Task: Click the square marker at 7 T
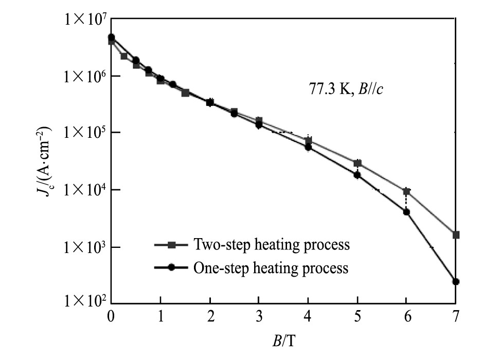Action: pyautogui.click(x=456, y=235)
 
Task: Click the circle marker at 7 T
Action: pyautogui.click(x=456, y=282)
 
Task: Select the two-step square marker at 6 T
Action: pyautogui.click(x=406, y=191)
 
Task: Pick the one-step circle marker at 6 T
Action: pyautogui.click(x=406, y=212)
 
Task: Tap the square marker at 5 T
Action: pyautogui.click(x=358, y=163)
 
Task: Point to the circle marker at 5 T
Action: pyautogui.click(x=357, y=175)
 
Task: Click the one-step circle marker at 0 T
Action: pyautogui.click(x=111, y=37)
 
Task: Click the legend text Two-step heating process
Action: pyautogui.click(x=271, y=244)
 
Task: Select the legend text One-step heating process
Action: pyautogui.click(x=271, y=268)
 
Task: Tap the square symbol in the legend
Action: pyautogui.click(x=172, y=245)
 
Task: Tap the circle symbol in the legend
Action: pyautogui.click(x=172, y=268)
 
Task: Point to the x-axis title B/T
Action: pyautogui.click(x=284, y=341)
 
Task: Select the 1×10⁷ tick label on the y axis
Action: pyautogui.click(x=85, y=20)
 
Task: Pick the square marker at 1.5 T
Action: pyautogui.click(x=185, y=93)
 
